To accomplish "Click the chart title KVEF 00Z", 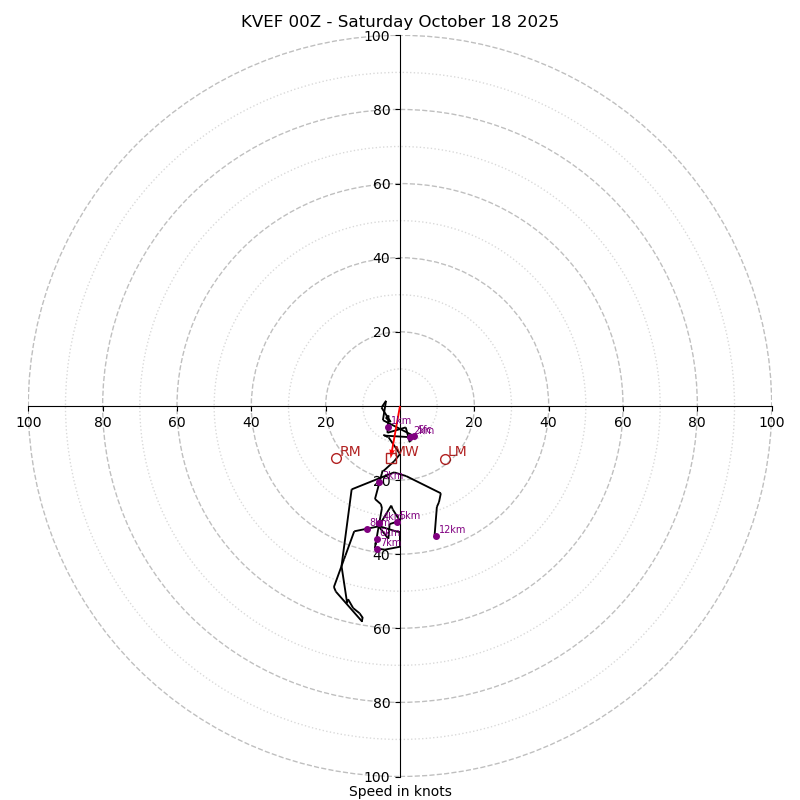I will [x=400, y=22].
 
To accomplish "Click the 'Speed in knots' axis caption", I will [x=400, y=791].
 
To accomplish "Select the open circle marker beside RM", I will [x=336, y=458].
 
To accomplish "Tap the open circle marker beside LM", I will [x=445, y=459].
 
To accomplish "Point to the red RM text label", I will [x=350, y=452].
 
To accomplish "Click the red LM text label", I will [x=457, y=452].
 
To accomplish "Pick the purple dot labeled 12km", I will [x=436, y=536].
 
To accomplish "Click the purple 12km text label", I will [x=452, y=530].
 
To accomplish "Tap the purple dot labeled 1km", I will [x=389, y=428].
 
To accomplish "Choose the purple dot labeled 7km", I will [x=377, y=548].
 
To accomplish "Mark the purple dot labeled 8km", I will [x=367, y=529].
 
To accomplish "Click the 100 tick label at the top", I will [x=377, y=36].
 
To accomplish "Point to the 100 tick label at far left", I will [x=29, y=422].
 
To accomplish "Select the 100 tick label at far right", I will [x=771, y=422].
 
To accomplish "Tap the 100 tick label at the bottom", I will [x=377, y=776].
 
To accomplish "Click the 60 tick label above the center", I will [x=381, y=184].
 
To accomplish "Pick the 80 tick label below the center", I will [x=381, y=702].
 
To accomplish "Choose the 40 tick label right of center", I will [x=548, y=422].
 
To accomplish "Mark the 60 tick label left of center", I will [x=177, y=422].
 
